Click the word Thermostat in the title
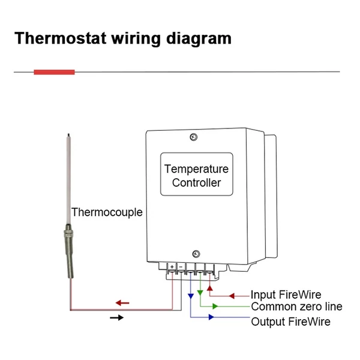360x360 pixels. pyautogui.click(x=61, y=38)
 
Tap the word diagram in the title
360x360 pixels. pyautogui.click(x=199, y=39)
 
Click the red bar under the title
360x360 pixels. pyautogui.click(x=54, y=72)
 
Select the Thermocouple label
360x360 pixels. pyautogui.click(x=107, y=212)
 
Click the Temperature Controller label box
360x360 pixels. pyautogui.click(x=197, y=174)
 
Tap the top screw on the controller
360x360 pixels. pyautogui.click(x=194, y=137)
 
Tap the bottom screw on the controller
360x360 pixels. pyautogui.click(x=196, y=254)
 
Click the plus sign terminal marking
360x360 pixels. pyautogui.click(x=172, y=267)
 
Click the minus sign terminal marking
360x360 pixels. pyautogui.click(x=181, y=267)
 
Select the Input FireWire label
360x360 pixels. pyautogui.click(x=286, y=295)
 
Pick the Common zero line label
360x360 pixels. pyautogui.click(x=296, y=307)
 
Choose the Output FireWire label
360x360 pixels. pyautogui.click(x=290, y=322)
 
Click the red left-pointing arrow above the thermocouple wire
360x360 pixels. pyautogui.click(x=122, y=303)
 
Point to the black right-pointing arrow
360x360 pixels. pyautogui.click(x=116, y=318)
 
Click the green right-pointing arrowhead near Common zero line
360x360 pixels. pyautogui.click(x=215, y=306)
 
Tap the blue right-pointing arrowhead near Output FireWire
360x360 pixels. pyautogui.click(x=211, y=317)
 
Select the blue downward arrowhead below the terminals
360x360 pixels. pyautogui.click(x=191, y=296)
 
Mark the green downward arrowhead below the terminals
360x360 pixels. pyautogui.click(x=200, y=293)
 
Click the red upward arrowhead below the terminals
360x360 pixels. pyautogui.click(x=209, y=288)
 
